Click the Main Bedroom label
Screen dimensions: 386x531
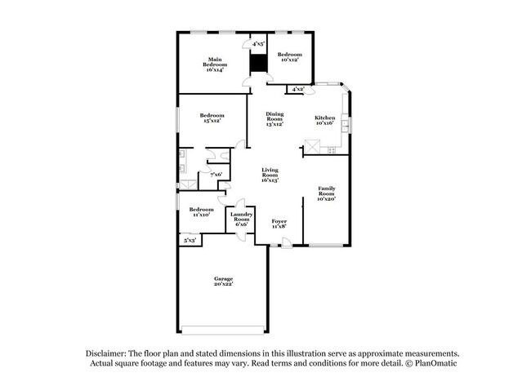(216, 64)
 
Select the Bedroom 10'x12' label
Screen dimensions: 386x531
(289, 56)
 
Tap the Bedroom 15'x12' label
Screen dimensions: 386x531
(212, 119)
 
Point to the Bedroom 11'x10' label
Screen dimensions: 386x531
(201, 212)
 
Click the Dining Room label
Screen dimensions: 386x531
(274, 119)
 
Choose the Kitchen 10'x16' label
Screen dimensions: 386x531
(324, 121)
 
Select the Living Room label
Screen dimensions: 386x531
(270, 175)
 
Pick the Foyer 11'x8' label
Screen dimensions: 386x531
(279, 224)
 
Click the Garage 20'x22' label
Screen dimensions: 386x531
(224, 282)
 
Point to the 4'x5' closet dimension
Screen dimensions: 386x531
(258, 44)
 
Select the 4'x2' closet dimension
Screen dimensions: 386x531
(297, 88)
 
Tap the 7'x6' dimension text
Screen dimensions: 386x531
(216, 175)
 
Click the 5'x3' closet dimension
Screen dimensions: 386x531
(190, 240)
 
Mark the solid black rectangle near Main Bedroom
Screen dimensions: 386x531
(258, 62)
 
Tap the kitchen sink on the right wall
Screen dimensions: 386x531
(346, 125)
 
